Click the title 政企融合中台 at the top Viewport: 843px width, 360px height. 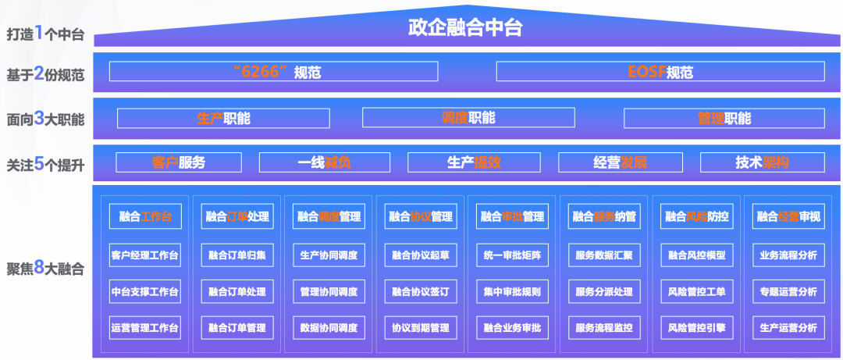click(x=465, y=28)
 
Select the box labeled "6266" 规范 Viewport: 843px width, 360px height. click(x=273, y=72)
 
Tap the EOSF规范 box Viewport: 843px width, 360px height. click(x=660, y=72)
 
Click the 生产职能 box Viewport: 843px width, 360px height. click(x=223, y=118)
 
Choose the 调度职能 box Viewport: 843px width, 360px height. click(x=468, y=118)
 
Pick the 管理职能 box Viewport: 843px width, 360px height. click(x=724, y=118)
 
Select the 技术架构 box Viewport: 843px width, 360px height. click(x=762, y=162)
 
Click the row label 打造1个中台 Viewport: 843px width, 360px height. click(x=44, y=34)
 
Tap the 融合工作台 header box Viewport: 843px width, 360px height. click(x=145, y=216)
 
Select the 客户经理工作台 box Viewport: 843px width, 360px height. click(x=145, y=255)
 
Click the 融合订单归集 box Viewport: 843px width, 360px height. click(x=237, y=255)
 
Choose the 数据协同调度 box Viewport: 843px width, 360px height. click(x=329, y=327)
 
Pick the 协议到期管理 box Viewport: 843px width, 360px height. click(x=421, y=327)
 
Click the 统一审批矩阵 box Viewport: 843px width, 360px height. click(x=512, y=255)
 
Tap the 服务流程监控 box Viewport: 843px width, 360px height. click(x=604, y=327)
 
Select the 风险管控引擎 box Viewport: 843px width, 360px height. click(x=696, y=327)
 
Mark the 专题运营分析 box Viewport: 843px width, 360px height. click(x=788, y=291)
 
